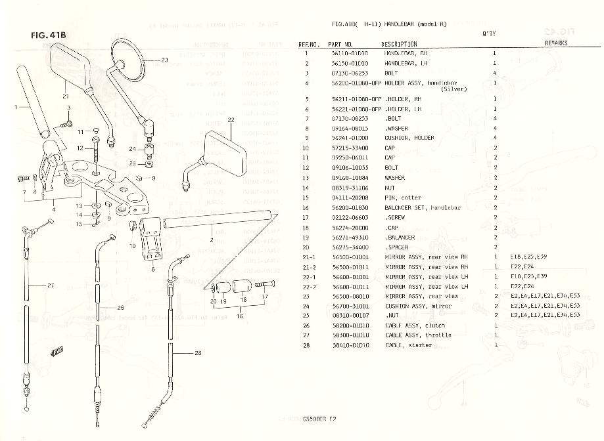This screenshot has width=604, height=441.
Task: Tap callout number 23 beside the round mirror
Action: click(164, 60)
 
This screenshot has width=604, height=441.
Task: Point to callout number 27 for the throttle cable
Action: click(51, 285)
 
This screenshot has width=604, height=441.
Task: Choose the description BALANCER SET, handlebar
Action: click(422, 207)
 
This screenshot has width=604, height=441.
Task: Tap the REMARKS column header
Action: click(556, 43)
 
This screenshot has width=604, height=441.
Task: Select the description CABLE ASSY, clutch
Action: click(414, 325)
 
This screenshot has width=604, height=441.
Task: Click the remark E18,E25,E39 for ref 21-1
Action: click(528, 257)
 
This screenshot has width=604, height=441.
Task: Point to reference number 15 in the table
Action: click(306, 198)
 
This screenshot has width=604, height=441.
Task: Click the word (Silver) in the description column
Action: click(454, 89)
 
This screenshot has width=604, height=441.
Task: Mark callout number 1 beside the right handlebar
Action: click(14, 106)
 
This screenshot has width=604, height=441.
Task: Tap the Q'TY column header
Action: click(489, 33)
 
